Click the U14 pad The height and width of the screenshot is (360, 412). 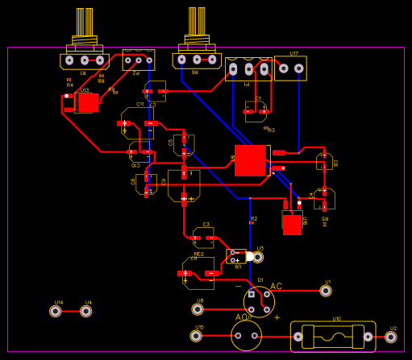(x=56, y=311)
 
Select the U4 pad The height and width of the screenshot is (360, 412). (x=86, y=311)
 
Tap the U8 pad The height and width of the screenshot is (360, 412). (x=198, y=309)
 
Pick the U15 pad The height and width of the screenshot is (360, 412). (x=197, y=336)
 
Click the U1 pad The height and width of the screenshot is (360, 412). (x=326, y=291)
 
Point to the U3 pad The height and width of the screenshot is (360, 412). (x=258, y=257)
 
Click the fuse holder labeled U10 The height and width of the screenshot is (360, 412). (x=333, y=336)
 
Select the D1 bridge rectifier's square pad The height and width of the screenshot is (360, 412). (x=252, y=295)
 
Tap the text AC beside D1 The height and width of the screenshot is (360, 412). (x=276, y=287)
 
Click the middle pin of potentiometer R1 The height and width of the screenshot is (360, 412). (x=85, y=60)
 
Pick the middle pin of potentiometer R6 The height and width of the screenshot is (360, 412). (x=197, y=60)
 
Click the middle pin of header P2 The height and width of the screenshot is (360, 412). (x=139, y=60)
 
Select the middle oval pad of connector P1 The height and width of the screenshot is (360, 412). (x=248, y=70)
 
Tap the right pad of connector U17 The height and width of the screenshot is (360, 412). (x=299, y=68)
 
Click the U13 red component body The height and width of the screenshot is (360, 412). (x=88, y=102)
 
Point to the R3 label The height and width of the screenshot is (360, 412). (x=271, y=130)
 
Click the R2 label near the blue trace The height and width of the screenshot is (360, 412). (x=253, y=218)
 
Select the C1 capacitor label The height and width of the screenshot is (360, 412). (x=258, y=99)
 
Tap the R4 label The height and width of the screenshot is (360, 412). (x=69, y=85)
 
